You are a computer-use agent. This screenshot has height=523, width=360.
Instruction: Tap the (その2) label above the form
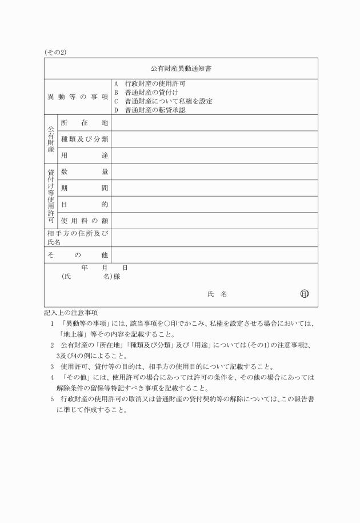(x=55, y=52)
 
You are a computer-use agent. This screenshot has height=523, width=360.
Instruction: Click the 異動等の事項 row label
(x=78, y=97)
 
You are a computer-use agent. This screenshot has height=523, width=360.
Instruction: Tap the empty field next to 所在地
(x=214, y=123)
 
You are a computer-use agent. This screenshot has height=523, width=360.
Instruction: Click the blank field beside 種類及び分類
(x=214, y=139)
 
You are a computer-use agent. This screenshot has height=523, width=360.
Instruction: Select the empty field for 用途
(x=214, y=155)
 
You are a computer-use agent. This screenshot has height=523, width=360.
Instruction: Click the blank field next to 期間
(x=214, y=188)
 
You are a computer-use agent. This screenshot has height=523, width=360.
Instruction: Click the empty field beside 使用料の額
(x=214, y=221)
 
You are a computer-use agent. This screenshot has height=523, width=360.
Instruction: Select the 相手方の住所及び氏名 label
(x=78, y=238)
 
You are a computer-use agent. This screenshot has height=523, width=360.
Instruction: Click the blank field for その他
(x=214, y=255)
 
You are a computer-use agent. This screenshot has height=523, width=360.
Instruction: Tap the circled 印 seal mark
(x=305, y=294)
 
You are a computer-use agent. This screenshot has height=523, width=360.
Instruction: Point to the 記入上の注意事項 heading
(x=71, y=313)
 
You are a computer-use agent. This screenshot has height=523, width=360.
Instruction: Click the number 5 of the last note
(x=53, y=398)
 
